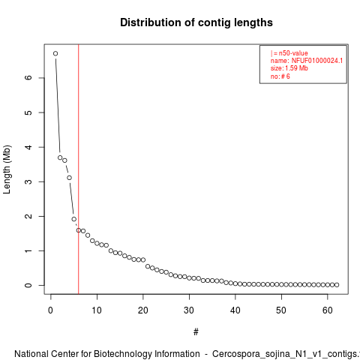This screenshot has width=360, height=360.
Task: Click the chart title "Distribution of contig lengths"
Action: (196, 22)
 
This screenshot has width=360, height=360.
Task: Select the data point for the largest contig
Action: (55, 53)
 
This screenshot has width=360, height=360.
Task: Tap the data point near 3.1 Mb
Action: (69, 178)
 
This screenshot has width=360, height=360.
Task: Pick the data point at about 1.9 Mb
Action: (74, 219)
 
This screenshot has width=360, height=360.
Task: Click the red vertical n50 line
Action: (79, 169)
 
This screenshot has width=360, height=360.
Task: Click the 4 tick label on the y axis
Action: (28, 147)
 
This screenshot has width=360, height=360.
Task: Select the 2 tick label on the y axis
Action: (28, 216)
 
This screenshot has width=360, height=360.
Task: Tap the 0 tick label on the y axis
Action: (28, 285)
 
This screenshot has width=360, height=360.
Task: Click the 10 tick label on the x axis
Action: (97, 310)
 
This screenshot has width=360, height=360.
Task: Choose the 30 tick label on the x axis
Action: (189, 310)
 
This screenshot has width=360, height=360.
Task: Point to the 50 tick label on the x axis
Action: (281, 310)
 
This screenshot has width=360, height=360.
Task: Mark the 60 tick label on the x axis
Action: (328, 310)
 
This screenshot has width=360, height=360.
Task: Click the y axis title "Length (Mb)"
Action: (7, 169)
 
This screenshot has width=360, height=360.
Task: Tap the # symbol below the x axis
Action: (196, 332)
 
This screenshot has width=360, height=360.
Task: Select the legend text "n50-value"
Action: (293, 53)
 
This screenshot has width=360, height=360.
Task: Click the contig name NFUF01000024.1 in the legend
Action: (317, 61)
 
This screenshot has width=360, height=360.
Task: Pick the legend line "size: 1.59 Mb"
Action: (289, 68)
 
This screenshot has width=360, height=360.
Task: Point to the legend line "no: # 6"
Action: (280, 76)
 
